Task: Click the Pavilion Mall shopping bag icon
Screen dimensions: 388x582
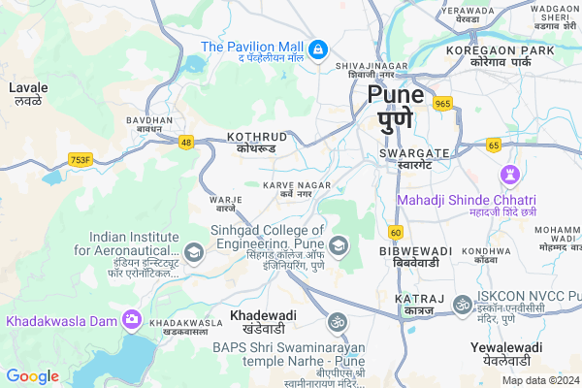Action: coord(317,48)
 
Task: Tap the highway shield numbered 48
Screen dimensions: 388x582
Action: coord(185,143)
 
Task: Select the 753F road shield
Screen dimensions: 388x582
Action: coord(80,159)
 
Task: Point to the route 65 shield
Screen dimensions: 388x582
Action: coord(494,145)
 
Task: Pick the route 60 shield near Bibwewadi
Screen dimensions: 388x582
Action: coord(395,232)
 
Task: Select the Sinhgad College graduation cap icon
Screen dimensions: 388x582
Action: coord(338,244)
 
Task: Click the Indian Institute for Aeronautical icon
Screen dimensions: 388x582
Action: coord(194,254)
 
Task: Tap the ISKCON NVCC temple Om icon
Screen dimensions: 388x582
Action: coord(462,302)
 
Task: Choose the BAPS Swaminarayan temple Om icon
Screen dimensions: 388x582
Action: coord(338,320)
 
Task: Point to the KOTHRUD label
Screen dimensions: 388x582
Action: coord(258,137)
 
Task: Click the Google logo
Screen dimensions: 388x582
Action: coord(32,375)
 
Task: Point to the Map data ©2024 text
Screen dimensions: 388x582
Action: coord(538,380)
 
